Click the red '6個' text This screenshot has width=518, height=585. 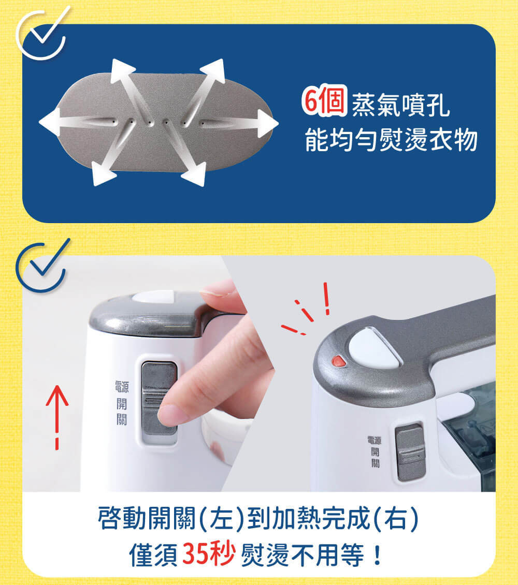tap(325, 100)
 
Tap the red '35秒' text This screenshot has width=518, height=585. tap(209, 553)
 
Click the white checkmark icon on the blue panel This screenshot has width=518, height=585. tap(42, 34)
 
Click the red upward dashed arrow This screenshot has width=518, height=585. tap(57, 417)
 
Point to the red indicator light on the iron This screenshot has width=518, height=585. tap(338, 361)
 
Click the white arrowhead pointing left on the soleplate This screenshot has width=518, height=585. tap(50, 122)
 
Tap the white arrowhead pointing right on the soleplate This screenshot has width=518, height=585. tap(268, 124)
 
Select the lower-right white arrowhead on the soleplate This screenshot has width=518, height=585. tap(195, 173)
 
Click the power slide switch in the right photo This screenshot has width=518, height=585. tap(410, 452)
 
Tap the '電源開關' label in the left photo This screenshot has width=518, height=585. tap(122, 403)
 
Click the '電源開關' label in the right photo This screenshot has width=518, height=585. tap(375, 452)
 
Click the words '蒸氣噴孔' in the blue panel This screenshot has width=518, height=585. tap(401, 105)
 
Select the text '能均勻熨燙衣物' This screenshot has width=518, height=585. tap(391, 140)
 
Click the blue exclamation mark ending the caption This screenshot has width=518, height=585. tap(378, 554)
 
